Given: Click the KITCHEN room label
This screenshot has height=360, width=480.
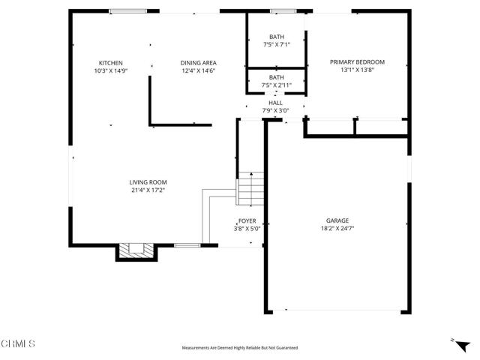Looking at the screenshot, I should pyautogui.click(x=110, y=63).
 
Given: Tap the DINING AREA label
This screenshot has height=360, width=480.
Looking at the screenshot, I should pyautogui.click(x=198, y=63).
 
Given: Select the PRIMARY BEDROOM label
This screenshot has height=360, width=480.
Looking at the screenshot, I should pyautogui.click(x=357, y=62).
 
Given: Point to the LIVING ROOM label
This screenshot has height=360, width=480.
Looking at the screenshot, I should pyautogui.click(x=147, y=182).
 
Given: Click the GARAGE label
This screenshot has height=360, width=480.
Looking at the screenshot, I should pyautogui.click(x=337, y=220).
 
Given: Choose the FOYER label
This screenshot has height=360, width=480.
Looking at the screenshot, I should pyautogui.click(x=247, y=221).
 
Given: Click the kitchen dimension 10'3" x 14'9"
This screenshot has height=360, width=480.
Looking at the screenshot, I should pyautogui.click(x=110, y=71).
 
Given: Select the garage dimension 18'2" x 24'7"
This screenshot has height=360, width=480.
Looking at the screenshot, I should pyautogui.click(x=337, y=229).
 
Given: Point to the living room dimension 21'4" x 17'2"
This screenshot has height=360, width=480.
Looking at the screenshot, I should pyautogui.click(x=147, y=190).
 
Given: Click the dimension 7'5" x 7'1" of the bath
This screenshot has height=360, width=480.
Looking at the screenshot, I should pyautogui.click(x=277, y=45).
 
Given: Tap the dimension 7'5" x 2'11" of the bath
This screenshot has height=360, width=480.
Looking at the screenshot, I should pyautogui.click(x=277, y=85).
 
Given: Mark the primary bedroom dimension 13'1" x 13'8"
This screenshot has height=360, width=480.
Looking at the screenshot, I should pyautogui.click(x=357, y=70).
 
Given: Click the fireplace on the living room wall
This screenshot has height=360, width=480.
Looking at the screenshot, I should pyautogui.click(x=136, y=251).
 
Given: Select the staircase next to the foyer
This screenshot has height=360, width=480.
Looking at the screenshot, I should pyautogui.click(x=250, y=191).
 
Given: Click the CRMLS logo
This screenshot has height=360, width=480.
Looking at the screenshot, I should pyautogui.click(x=18, y=344).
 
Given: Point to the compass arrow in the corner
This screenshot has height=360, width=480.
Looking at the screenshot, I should pyautogui.click(x=452, y=340).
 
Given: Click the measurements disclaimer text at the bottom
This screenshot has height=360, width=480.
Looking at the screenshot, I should pyautogui.click(x=240, y=348).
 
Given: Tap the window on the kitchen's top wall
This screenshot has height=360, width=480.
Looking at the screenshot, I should pyautogui.click(x=127, y=11).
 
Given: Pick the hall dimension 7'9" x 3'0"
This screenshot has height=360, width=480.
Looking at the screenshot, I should pyautogui.click(x=276, y=110).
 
